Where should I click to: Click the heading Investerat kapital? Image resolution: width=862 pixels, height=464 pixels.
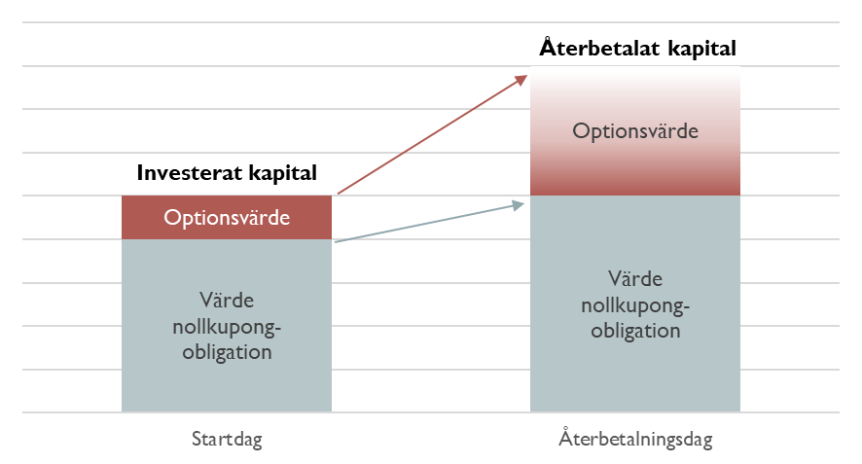pos(227,172)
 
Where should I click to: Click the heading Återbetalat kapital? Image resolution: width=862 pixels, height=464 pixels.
pos(637,48)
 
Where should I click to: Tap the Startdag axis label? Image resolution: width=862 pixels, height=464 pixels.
pos(227,440)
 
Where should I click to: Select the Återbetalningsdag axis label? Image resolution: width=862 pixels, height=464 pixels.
pos(635,438)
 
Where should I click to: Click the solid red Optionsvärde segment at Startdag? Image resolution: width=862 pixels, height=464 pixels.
pos(227,217)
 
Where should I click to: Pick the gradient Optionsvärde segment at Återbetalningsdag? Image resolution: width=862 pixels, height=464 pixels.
pos(635,131)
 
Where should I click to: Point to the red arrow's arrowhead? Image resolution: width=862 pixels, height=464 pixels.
pos(520,81)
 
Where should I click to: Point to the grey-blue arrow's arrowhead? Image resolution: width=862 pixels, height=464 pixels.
pos(518,205)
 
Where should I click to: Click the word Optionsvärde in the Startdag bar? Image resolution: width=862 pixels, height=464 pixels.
pos(227,218)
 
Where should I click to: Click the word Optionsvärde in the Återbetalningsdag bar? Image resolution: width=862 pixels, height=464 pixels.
pos(635,131)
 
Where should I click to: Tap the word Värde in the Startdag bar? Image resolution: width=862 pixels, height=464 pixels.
pos(227,301)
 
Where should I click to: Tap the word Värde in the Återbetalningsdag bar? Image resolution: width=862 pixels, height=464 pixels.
pos(635,279)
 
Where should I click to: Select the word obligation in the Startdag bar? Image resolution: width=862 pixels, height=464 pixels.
pos(227,352)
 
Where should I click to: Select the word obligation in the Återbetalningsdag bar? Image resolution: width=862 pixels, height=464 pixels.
pos(635,331)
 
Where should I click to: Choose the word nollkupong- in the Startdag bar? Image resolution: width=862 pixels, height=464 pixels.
pos(227,327)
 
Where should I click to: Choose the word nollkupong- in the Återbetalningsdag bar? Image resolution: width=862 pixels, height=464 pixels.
pos(635,305)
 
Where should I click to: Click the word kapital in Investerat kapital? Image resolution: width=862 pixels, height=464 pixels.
pos(282,172)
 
